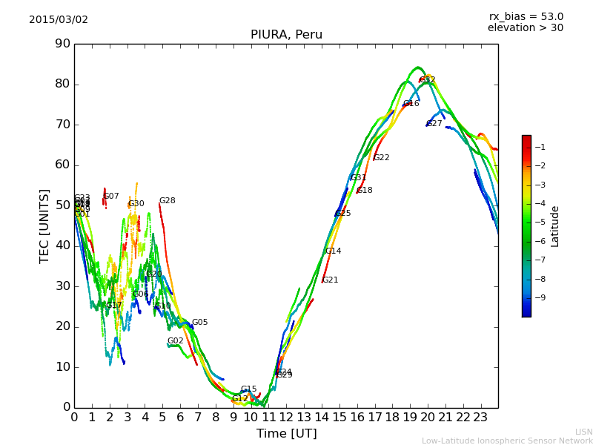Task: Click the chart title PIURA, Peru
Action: tap(286, 35)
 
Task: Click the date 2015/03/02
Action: tap(59, 19)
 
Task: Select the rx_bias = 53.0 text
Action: tap(526, 16)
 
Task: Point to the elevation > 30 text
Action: tap(525, 28)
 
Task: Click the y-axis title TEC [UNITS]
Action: tap(44, 225)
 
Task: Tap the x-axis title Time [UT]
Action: tap(286, 433)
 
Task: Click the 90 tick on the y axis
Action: tap(62, 44)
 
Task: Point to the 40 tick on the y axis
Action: tap(62, 245)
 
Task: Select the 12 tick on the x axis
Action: tap(286, 418)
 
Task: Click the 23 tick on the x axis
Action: tap(480, 418)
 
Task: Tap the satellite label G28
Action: tap(167, 201)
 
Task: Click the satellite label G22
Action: tap(381, 158)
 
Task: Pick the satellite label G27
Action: tap(434, 124)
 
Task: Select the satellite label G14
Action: tap(333, 251)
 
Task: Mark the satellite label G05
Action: tap(199, 323)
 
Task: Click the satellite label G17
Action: tap(113, 306)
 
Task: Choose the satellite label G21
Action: tap(330, 280)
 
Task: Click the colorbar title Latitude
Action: tap(555, 226)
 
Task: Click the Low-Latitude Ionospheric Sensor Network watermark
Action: tap(507, 441)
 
